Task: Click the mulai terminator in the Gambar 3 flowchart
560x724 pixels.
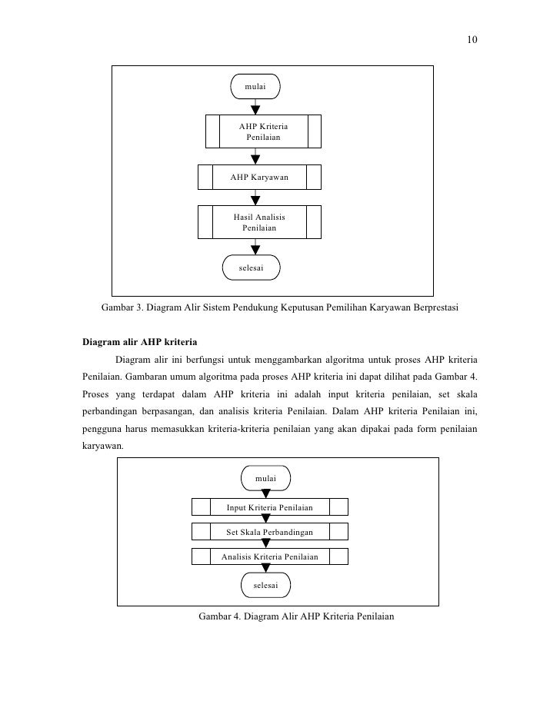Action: [x=255, y=87]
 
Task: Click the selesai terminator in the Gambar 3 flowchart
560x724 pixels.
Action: [x=251, y=267]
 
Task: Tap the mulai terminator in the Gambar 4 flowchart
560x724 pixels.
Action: [x=265, y=477]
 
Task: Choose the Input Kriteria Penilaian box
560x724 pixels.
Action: [x=269, y=507]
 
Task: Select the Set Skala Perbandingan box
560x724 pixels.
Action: [x=269, y=532]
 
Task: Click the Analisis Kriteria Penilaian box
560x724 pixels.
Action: [x=269, y=556]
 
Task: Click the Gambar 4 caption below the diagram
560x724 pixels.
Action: [x=296, y=616]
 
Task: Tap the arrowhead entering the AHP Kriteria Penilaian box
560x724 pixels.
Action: [x=255, y=109]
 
